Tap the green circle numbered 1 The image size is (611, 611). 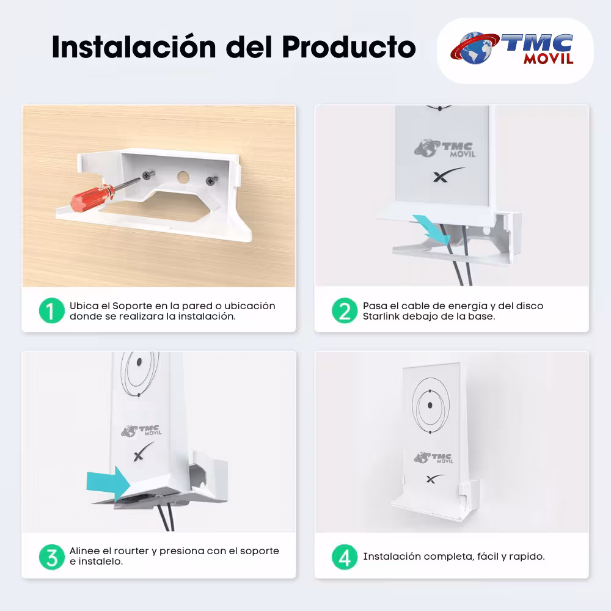[52, 310]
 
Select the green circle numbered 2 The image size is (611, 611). [345, 310]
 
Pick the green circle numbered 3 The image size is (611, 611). [52, 557]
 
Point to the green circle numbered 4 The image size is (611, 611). [345, 557]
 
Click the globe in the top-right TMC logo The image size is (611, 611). [475, 48]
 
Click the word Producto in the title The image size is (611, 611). [349, 48]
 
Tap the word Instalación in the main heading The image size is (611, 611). [134, 47]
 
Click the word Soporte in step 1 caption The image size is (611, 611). [132, 306]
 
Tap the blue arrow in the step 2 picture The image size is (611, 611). [432, 229]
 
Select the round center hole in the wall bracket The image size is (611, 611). [183, 177]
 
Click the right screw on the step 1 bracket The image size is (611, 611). [211, 181]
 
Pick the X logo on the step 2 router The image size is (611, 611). [448, 175]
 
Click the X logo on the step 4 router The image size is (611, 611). [434, 478]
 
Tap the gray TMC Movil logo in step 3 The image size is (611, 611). [141, 431]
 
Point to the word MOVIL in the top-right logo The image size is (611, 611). [549, 59]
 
